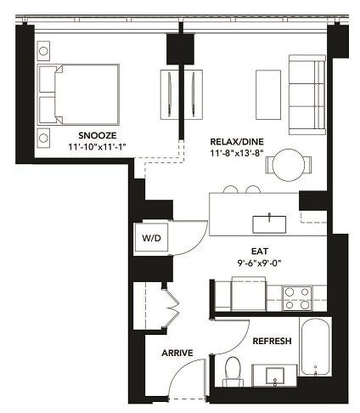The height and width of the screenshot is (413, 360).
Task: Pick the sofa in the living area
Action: click(x=306, y=94)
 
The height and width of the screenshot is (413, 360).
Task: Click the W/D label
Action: click(x=152, y=239)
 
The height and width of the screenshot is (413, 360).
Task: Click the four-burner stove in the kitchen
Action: click(x=297, y=297)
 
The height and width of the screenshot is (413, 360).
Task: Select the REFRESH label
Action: click(x=272, y=341)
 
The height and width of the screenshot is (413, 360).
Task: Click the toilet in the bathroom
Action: click(x=233, y=371)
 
